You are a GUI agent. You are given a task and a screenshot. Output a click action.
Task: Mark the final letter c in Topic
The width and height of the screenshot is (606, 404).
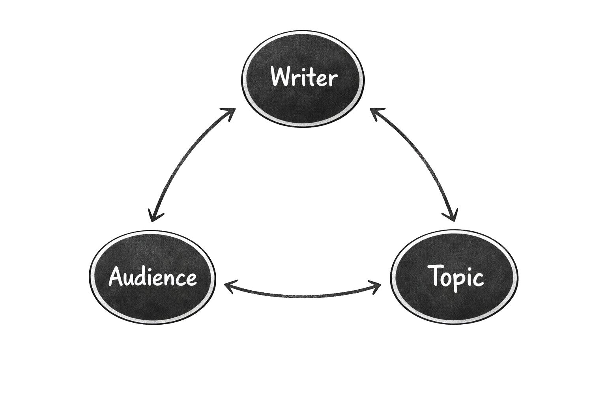point(478,279)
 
